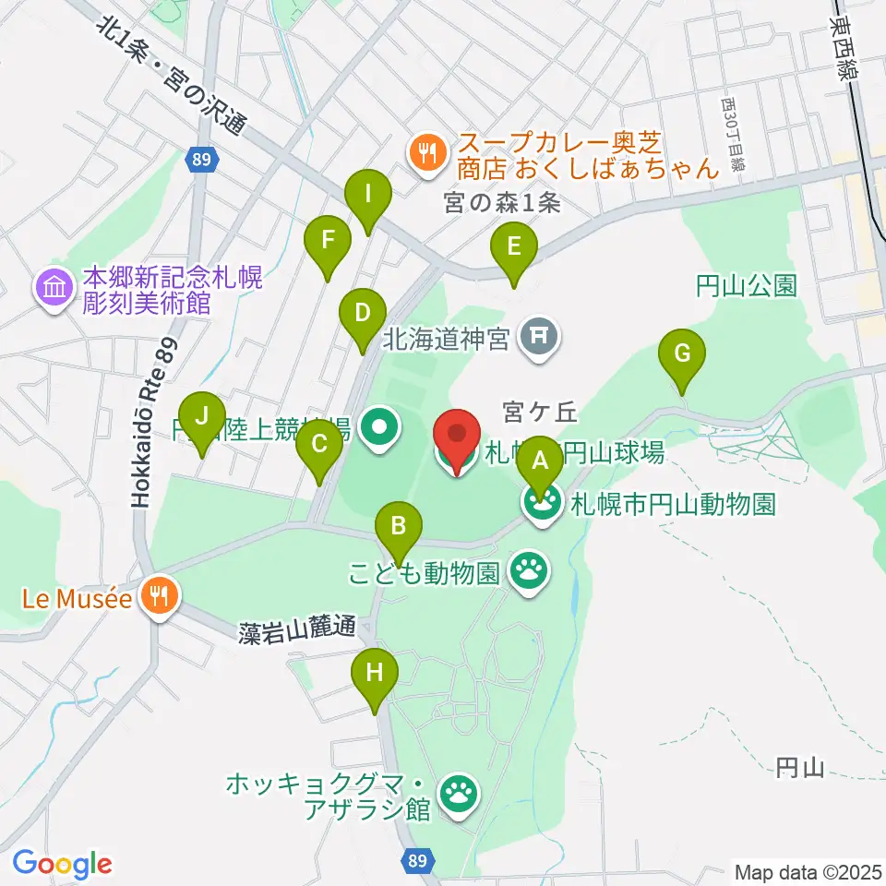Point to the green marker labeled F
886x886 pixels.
pyautogui.click(x=328, y=243)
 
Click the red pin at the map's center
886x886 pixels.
pyautogui.click(x=456, y=436)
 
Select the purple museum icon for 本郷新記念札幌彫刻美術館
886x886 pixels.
pyautogui.click(x=55, y=288)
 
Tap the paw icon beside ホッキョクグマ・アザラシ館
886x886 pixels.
pyautogui.click(x=459, y=792)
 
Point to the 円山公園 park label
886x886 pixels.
pyautogui.click(x=747, y=286)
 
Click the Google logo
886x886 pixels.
pyautogui.click(x=62, y=863)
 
